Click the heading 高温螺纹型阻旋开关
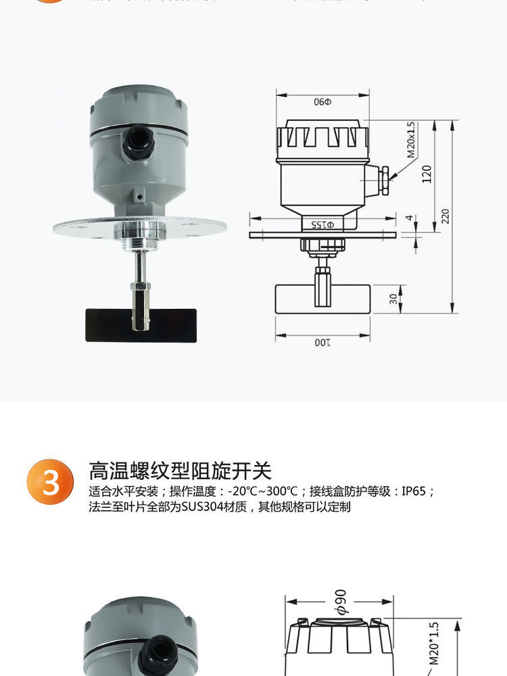180,470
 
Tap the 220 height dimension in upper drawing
445,216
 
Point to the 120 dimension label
426,174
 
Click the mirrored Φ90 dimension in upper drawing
323,102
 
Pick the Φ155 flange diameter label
322,224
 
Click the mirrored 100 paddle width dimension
322,343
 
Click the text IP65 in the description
414,491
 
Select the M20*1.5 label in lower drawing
434,642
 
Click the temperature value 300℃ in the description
275,491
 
